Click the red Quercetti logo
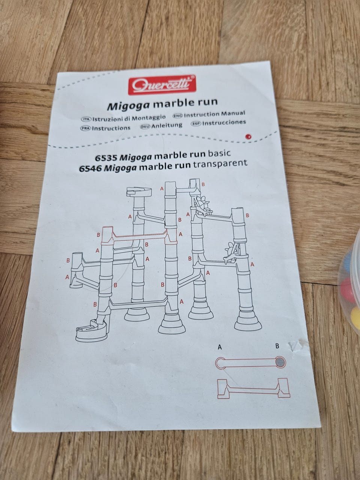click(162, 85)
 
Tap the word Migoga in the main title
click(129, 106)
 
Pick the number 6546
click(90, 169)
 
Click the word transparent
click(220, 164)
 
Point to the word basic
click(219, 153)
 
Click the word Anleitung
click(167, 126)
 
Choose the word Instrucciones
click(224, 123)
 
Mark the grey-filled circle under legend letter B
click(280, 363)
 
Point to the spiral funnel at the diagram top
click(139, 191)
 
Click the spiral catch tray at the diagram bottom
click(92, 330)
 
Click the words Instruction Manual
click(214, 114)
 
